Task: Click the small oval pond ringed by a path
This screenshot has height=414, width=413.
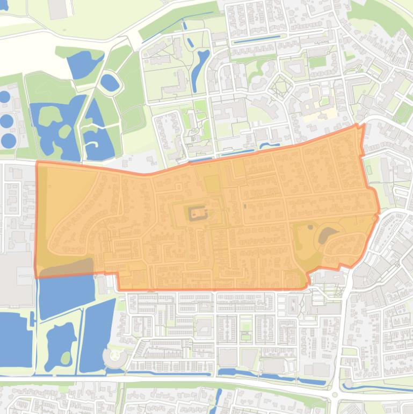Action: click(x=110, y=82)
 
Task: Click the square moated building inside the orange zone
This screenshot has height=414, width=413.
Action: click(x=197, y=215)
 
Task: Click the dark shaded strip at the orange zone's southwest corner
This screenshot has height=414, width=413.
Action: click(x=64, y=268)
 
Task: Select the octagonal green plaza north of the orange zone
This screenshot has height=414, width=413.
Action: click(x=280, y=86)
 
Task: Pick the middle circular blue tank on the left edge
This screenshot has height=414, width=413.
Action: click(x=6, y=121)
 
